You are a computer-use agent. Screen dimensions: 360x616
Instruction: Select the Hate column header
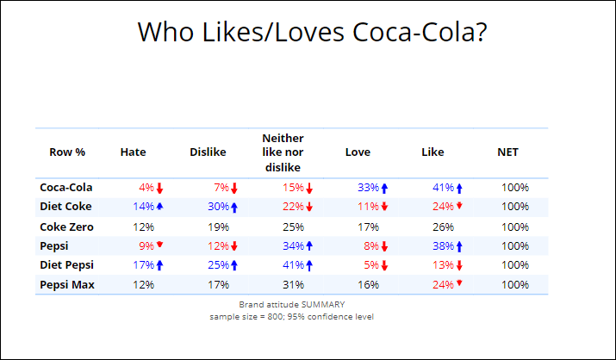(x=133, y=152)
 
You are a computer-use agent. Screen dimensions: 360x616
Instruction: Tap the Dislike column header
(x=208, y=152)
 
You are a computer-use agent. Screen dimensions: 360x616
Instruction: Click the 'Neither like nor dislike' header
(x=283, y=152)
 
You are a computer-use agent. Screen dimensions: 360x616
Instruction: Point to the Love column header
(x=358, y=152)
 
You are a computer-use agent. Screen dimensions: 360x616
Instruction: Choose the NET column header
(x=507, y=152)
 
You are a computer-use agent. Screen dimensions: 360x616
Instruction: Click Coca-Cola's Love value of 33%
(x=368, y=188)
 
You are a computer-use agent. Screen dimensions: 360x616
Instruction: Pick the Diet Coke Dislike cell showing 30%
(x=218, y=207)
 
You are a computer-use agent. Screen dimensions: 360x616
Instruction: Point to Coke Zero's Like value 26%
(x=443, y=227)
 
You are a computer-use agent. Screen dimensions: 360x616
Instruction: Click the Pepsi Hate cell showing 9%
(x=146, y=245)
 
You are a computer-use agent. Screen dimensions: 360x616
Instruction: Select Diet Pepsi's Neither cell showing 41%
(x=293, y=264)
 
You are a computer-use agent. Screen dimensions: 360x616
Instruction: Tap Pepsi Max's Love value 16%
(x=368, y=284)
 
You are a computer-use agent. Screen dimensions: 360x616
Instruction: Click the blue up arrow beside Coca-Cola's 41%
(x=459, y=188)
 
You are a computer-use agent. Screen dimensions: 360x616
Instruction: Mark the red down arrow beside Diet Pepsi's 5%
(x=384, y=265)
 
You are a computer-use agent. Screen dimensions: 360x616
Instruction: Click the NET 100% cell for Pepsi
(x=515, y=245)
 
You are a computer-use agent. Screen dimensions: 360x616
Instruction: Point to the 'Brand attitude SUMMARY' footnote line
(x=291, y=305)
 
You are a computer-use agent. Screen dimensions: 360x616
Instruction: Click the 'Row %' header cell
(x=67, y=152)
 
